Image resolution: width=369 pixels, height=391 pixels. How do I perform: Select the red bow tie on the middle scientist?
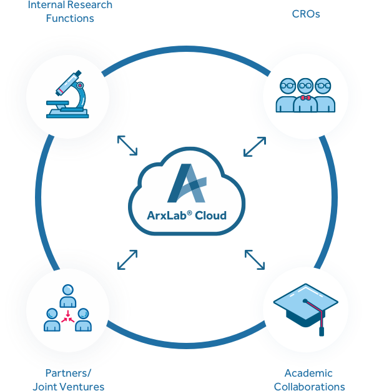(305, 97)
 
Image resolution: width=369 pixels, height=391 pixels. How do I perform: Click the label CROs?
(306, 14)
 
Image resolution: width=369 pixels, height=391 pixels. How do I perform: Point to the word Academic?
(308, 373)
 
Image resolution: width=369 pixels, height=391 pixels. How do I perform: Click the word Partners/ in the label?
(68, 373)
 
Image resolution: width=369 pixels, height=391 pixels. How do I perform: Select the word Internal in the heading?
(46, 5)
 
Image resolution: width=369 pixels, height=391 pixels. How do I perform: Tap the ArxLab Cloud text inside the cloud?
(187, 215)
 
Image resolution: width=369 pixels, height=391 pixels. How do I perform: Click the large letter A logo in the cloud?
(187, 183)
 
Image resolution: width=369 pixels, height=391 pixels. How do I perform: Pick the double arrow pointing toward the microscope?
(127, 146)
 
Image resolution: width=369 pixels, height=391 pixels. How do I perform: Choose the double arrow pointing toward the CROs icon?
(255, 147)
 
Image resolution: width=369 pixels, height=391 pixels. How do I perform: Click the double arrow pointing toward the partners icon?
(127, 260)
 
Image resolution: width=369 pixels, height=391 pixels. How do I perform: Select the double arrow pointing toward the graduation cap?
(255, 260)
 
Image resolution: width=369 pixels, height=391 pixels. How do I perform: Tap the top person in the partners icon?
(68, 295)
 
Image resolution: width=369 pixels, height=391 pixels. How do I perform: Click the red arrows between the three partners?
(68, 317)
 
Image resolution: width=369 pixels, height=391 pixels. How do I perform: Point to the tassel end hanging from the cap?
(322, 332)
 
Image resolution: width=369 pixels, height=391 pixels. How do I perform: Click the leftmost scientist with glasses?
(287, 96)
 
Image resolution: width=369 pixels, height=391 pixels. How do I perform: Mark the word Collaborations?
(310, 386)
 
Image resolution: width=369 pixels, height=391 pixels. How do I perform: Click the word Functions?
(70, 19)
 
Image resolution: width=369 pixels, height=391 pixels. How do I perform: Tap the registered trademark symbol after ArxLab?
(189, 213)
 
